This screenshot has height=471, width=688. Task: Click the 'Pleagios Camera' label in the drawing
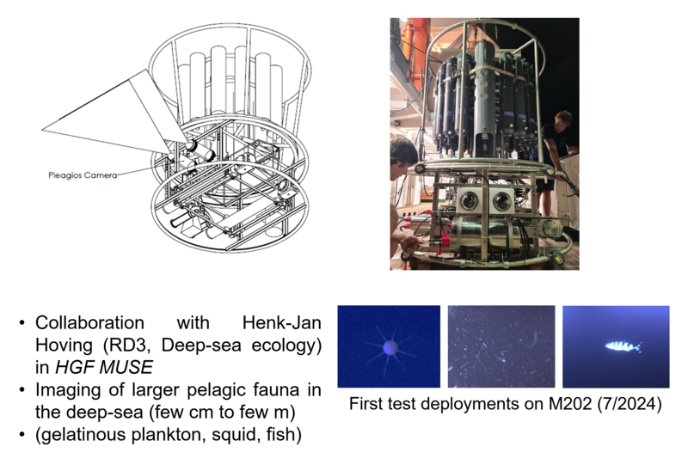pyautogui.click(x=83, y=175)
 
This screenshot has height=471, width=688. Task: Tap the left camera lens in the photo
pyautogui.click(x=469, y=200)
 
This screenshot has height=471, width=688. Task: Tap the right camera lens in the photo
pyautogui.click(x=501, y=201)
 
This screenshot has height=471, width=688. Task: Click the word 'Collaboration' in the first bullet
pyautogui.click(x=90, y=323)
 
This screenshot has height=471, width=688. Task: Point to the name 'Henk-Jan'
pyautogui.click(x=282, y=323)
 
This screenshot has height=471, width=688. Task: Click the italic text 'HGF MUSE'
pyautogui.click(x=104, y=368)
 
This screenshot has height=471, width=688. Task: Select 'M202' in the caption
pyautogui.click(x=570, y=403)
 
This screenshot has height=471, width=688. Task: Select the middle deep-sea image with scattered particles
pyautogui.click(x=501, y=346)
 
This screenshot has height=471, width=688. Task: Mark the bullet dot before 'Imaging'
pyautogui.click(x=22, y=390)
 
